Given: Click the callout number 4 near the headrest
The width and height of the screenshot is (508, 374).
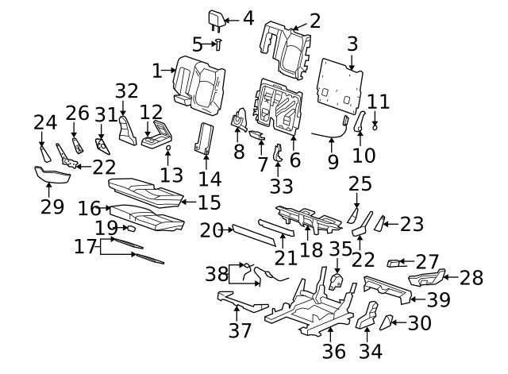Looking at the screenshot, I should (x=248, y=18).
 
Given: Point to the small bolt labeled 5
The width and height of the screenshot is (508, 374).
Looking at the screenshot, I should (x=218, y=44).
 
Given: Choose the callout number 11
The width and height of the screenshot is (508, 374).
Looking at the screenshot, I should (x=379, y=102).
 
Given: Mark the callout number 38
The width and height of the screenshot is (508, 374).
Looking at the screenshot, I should (x=216, y=274).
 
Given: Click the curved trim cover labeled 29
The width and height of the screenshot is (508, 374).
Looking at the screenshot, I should (x=50, y=175).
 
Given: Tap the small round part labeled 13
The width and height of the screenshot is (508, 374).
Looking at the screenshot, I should (x=168, y=148).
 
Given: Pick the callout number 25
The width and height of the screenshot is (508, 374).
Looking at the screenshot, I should (x=360, y=184).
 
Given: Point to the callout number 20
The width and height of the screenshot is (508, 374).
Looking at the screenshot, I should (x=211, y=230).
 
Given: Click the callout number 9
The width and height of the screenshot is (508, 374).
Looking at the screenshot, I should (x=333, y=161).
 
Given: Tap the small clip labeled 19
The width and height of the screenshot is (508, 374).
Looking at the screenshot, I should (x=131, y=229).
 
